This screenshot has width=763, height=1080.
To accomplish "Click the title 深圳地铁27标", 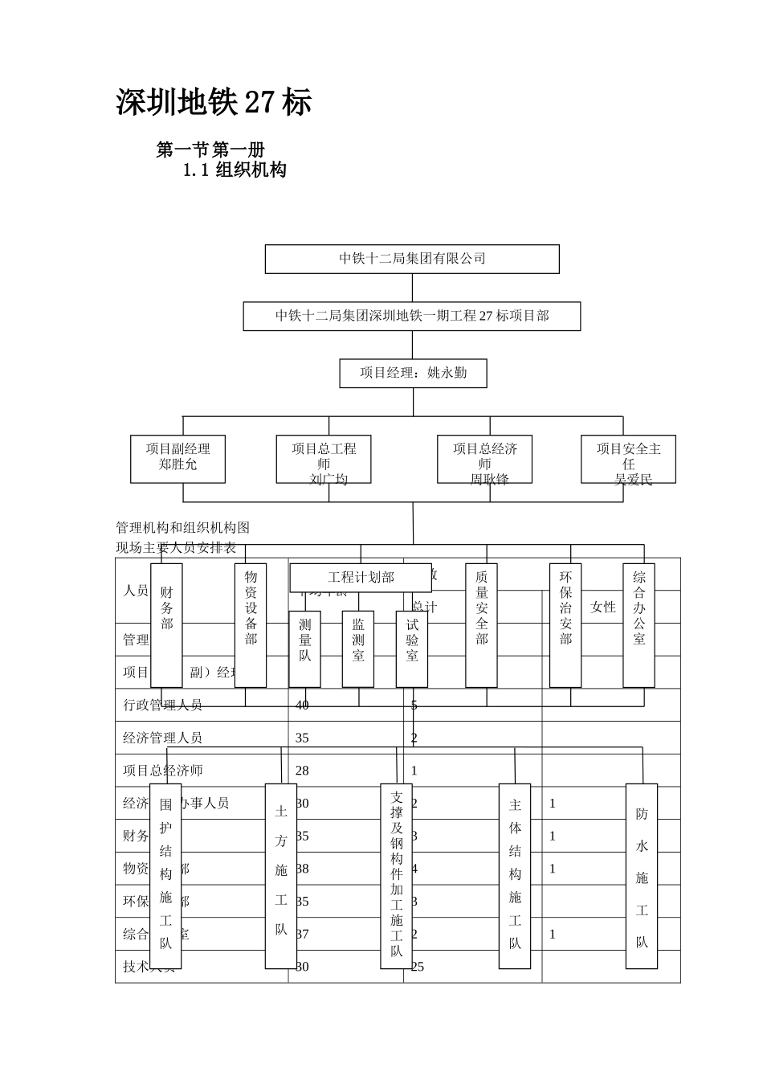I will (x=214, y=103).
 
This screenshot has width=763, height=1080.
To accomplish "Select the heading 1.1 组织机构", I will (x=235, y=170).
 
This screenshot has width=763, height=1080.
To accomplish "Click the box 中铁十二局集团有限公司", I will (x=412, y=259).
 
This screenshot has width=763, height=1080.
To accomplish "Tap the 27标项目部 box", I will (x=412, y=316).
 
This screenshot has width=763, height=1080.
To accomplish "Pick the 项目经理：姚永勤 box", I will (x=413, y=373).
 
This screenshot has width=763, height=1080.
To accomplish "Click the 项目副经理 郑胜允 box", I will (x=177, y=458).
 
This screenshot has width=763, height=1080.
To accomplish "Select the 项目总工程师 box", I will (x=324, y=460).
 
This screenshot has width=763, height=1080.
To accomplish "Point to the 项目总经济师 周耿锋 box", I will (x=484, y=460).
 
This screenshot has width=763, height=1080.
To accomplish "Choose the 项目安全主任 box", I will (x=628, y=460).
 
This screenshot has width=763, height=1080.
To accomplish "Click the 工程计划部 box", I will (x=361, y=577).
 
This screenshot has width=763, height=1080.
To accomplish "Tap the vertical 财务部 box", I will (x=166, y=625).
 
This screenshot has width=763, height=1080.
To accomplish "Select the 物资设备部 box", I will (x=251, y=625).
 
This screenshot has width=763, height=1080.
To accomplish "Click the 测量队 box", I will (x=304, y=649).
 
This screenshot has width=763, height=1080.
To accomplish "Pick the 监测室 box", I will (x=358, y=649).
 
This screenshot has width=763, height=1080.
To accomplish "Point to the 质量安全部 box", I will (x=481, y=625).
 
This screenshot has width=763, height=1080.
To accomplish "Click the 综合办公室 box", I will (x=639, y=625).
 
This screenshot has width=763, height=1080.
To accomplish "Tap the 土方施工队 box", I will (x=281, y=876).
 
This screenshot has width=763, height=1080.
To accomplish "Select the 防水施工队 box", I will (x=642, y=876).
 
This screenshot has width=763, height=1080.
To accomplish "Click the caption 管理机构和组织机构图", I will (x=182, y=528).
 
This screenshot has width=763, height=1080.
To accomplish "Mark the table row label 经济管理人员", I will (x=162, y=738).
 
